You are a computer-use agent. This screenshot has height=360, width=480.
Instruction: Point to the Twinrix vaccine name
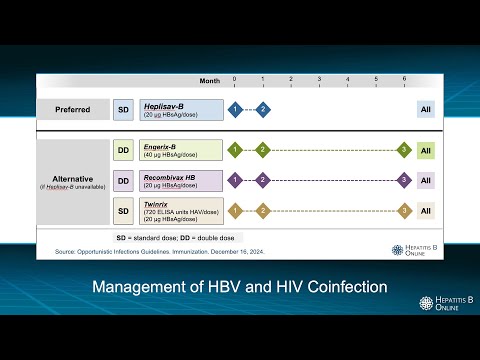157,203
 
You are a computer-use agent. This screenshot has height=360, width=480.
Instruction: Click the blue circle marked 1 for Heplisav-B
234,109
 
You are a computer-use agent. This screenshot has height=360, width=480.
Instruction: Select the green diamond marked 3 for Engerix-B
404,150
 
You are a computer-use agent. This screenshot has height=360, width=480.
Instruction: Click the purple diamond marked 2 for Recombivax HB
262,180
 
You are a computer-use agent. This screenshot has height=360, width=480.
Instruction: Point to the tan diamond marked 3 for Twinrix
404,211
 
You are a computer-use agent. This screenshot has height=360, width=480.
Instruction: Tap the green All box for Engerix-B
425,150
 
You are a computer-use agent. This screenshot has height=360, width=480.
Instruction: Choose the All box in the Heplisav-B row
425,109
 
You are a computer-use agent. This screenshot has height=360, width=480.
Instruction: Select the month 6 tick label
404,78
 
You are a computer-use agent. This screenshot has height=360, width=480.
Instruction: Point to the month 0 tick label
234,78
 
